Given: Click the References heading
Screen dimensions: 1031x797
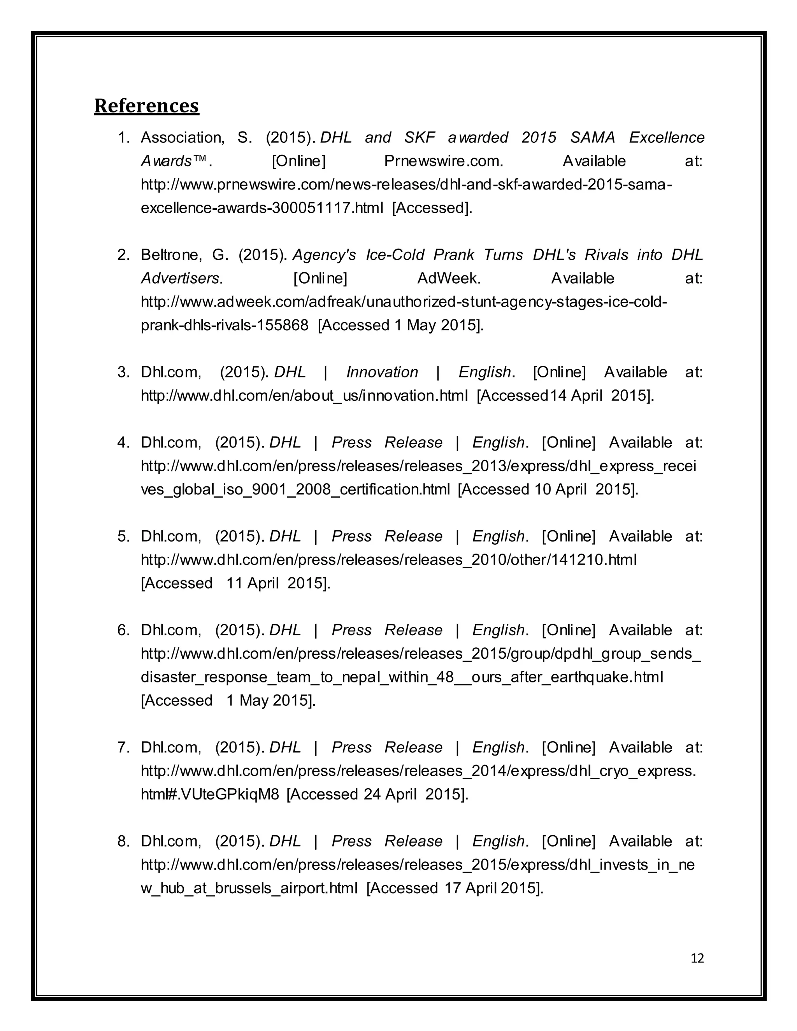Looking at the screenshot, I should (x=146, y=106).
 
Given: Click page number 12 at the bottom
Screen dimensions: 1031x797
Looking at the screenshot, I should (x=697, y=958).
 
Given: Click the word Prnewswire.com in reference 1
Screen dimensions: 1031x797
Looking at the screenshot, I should (x=443, y=161).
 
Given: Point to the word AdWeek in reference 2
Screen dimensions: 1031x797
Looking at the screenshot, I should (x=449, y=279).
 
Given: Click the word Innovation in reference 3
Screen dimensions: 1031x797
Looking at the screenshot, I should (x=382, y=372).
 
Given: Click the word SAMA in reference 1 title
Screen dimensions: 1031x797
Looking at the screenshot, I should (x=593, y=138).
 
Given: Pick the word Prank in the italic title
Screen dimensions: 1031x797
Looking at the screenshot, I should (x=453, y=255).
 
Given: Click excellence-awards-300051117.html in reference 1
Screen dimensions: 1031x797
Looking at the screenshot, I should (x=262, y=208).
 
